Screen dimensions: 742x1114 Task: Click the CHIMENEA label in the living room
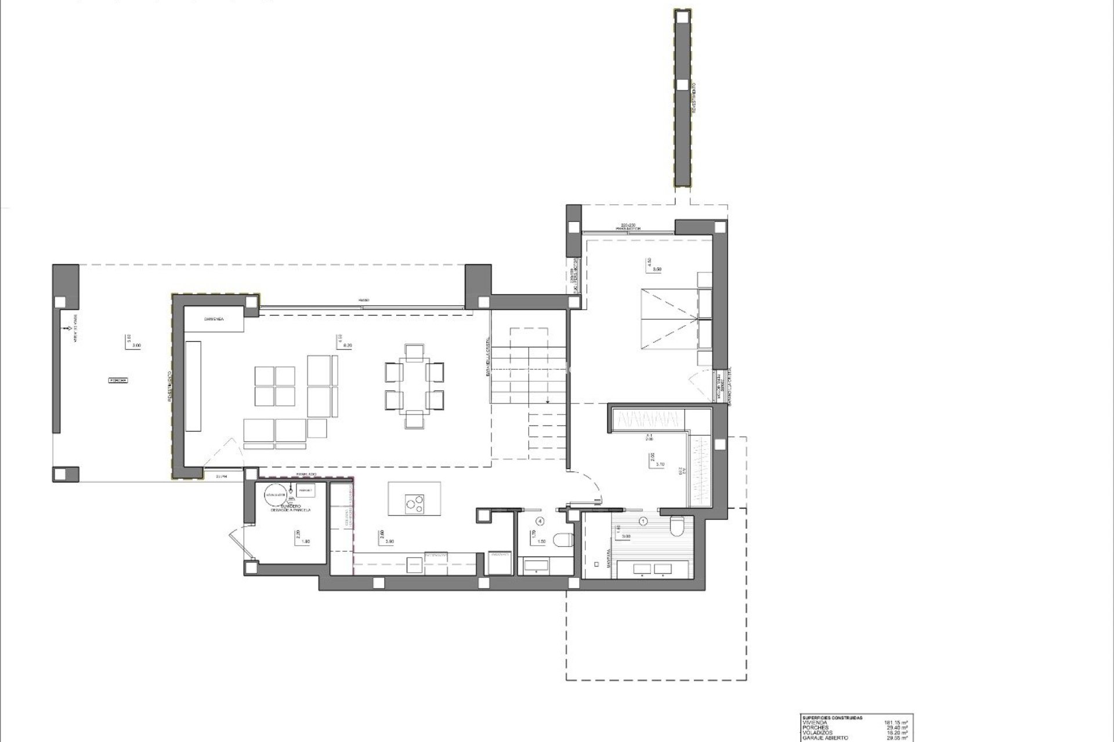214,319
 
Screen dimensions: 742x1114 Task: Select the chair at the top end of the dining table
414,351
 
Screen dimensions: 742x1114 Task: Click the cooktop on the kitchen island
414,503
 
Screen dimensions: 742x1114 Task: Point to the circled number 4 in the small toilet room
541,521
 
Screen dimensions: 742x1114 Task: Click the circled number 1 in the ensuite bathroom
642,521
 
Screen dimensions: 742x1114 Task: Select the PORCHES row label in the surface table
815,728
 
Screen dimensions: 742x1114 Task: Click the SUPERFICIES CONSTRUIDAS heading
832,718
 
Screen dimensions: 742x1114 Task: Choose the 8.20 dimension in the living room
348,345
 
